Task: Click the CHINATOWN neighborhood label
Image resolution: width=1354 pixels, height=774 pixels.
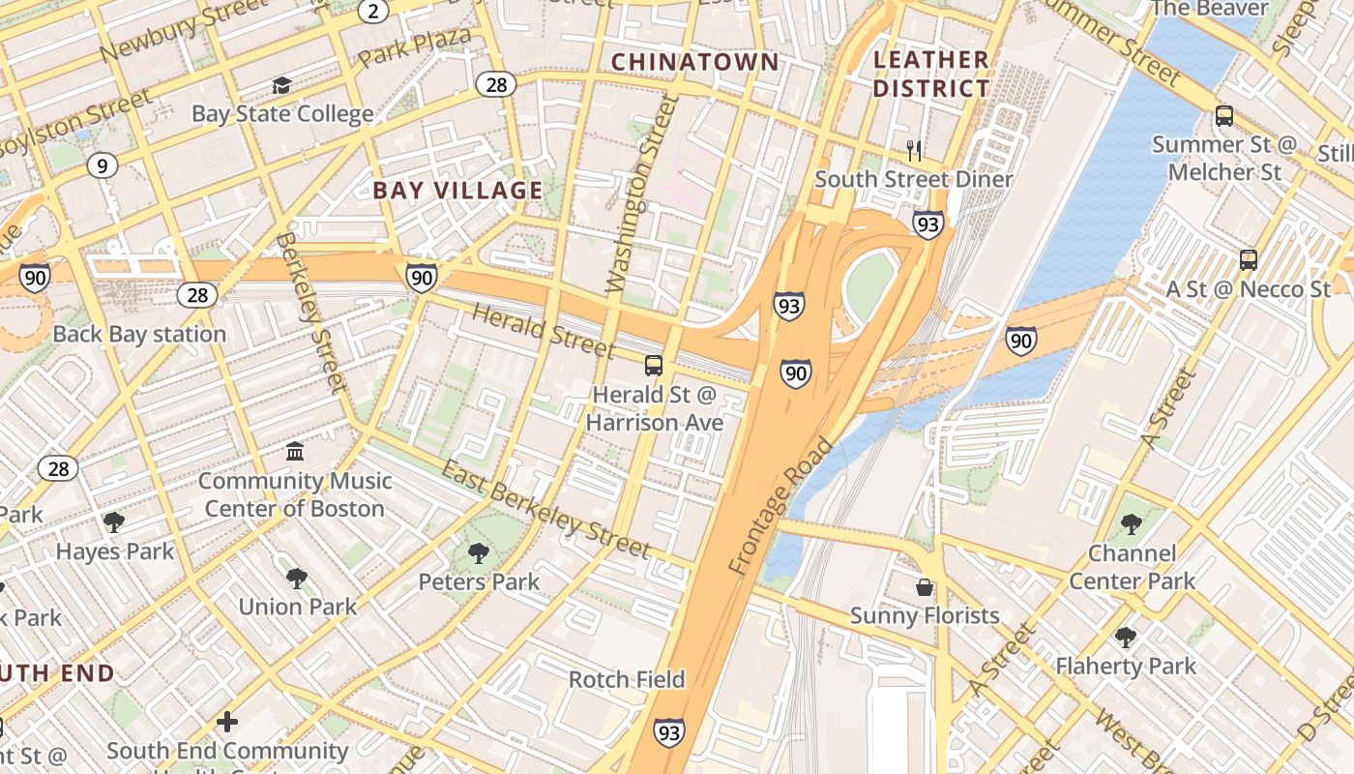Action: tap(694, 62)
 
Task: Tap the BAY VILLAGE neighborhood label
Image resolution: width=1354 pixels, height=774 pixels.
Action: tap(457, 190)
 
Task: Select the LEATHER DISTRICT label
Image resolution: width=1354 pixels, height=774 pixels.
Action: tap(931, 74)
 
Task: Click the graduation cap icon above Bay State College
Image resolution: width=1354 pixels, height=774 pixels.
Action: tap(281, 86)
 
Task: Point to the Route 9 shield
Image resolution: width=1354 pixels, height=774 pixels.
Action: tap(102, 165)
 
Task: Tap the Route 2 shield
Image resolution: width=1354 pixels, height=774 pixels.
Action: tap(373, 11)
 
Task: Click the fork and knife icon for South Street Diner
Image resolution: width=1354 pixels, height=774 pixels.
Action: tap(914, 150)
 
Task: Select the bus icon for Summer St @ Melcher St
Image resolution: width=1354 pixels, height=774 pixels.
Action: tap(1224, 116)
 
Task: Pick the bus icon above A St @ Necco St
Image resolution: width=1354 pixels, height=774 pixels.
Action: tap(1249, 259)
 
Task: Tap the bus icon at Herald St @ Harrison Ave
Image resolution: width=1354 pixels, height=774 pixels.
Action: tap(654, 366)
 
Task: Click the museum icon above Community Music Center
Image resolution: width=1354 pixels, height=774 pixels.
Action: tap(295, 451)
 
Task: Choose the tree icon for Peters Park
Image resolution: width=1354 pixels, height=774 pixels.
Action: tap(478, 553)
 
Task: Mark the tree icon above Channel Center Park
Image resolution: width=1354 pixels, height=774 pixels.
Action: tap(1132, 524)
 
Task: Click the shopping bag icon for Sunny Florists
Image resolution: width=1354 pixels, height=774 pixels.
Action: tap(925, 587)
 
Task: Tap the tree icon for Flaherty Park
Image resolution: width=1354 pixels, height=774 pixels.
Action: tap(1125, 638)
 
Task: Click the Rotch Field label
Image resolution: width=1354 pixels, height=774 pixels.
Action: tap(627, 679)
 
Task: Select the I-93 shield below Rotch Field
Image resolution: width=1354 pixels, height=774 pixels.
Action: tap(669, 732)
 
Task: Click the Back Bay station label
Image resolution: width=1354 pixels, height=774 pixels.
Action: tap(139, 334)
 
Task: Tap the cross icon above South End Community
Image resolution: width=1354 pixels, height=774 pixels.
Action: tap(227, 722)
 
